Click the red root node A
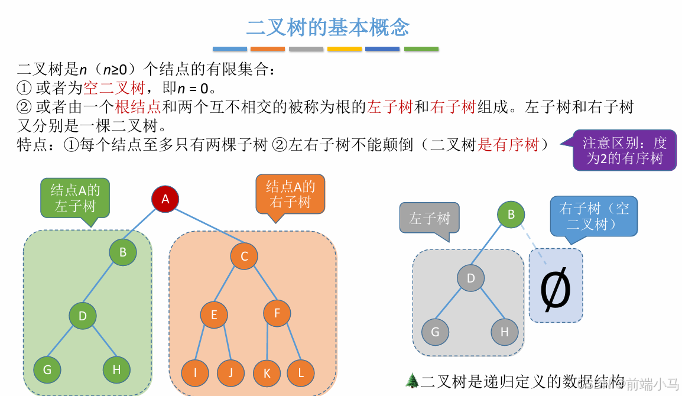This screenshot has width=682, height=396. [165, 199]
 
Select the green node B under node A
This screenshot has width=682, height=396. [123, 252]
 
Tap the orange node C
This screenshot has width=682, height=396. [244, 257]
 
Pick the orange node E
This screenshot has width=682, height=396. [214, 315]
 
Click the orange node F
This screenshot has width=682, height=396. [277, 313]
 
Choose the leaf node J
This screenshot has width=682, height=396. [230, 373]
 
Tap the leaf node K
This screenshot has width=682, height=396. [267, 373]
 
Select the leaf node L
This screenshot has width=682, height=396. [301, 373]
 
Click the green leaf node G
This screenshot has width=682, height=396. [47, 370]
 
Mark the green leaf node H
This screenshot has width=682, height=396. [116, 370]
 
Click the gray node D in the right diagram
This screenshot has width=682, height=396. [471, 278]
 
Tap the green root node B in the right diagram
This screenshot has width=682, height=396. [511, 214]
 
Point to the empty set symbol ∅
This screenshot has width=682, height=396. [556, 288]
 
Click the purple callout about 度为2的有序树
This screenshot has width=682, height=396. [624, 151]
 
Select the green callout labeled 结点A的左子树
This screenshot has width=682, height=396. [75, 197]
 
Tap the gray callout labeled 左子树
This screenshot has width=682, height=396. [430, 218]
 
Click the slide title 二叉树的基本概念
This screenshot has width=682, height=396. [327, 27]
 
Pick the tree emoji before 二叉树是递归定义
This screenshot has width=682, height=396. [411, 380]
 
